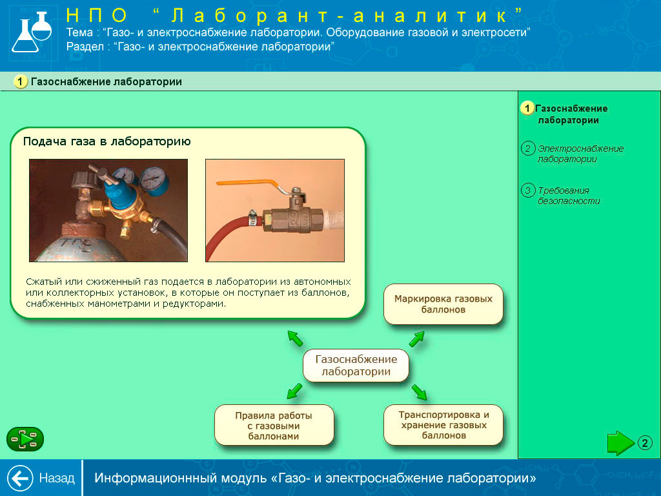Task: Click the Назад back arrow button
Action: [20, 478]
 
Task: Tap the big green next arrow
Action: [621, 443]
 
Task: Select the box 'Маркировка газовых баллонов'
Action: [443, 304]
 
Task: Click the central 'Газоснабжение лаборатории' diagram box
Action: [356, 366]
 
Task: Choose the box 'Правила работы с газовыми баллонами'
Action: [274, 425]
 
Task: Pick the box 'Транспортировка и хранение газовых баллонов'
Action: [443, 425]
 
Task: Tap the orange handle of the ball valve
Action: [249, 184]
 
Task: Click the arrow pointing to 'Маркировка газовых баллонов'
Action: [416, 338]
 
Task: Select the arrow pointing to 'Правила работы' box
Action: [294, 391]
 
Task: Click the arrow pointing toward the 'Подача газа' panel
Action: [295, 338]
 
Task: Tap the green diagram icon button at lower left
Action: [25, 439]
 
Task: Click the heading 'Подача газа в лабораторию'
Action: [107, 141]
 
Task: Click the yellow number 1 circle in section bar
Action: [20, 81]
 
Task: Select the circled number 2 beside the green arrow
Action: [645, 443]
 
